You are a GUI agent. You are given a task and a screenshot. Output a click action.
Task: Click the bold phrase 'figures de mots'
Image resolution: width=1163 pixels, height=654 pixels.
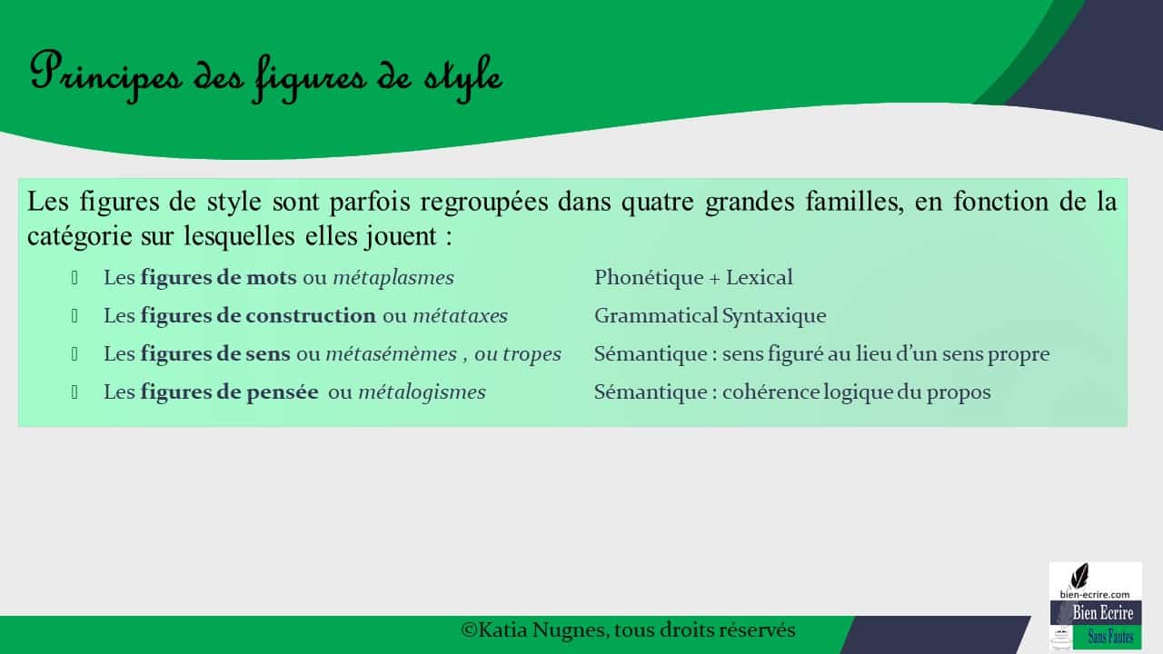coord(218,278)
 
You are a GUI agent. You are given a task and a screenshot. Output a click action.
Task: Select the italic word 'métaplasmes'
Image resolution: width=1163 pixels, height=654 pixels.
coord(393,278)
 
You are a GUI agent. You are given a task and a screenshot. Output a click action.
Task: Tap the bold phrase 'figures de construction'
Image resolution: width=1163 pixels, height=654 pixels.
coord(257,316)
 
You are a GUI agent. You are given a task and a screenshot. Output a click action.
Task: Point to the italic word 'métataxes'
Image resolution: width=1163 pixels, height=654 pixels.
coord(460,316)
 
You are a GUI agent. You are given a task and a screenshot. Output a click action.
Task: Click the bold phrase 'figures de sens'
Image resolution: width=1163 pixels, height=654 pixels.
coord(215,354)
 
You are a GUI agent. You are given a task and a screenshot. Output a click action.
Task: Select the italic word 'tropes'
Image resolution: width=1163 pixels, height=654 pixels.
coord(531,354)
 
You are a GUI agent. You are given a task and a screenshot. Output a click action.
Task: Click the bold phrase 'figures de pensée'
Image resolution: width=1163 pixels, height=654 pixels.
coord(229,392)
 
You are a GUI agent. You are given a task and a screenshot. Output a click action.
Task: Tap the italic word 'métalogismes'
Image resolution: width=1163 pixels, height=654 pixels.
coord(422,392)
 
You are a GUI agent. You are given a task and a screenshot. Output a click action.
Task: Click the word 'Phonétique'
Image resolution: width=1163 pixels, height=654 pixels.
coord(649,278)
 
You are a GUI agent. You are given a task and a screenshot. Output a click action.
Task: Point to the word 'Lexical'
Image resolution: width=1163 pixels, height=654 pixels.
coord(759,278)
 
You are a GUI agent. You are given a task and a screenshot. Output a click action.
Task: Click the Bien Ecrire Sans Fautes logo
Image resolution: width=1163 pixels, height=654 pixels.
coord(1095,606)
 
